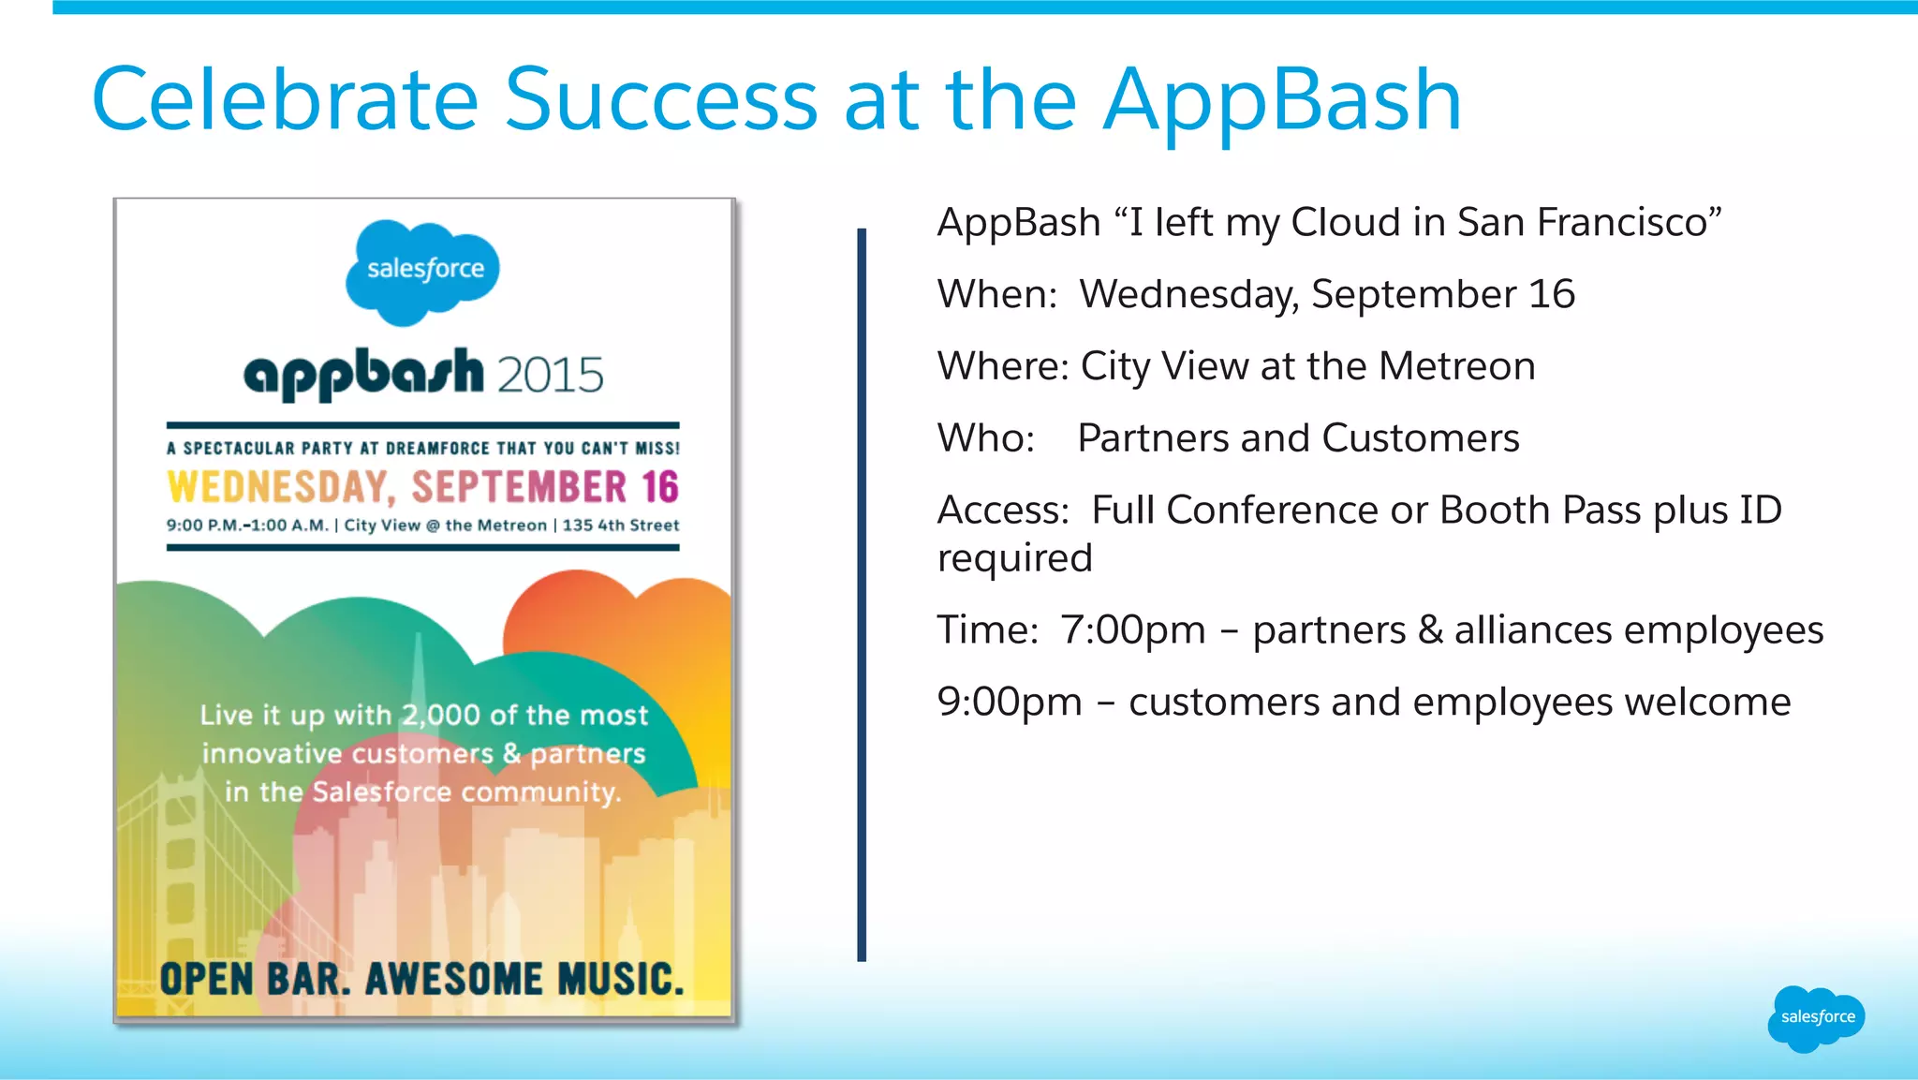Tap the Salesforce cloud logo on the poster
pyautogui.click(x=423, y=271)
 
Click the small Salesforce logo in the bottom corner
pyautogui.click(x=1816, y=1017)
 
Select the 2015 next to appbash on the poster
pyautogui.click(x=550, y=376)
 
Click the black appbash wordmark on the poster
pyautogui.click(x=364, y=374)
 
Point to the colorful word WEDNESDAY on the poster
pyautogui.click(x=278, y=487)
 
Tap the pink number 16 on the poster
pyautogui.click(x=659, y=487)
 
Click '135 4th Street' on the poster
pyautogui.click(x=620, y=525)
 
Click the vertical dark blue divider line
pyautogui.click(x=862, y=595)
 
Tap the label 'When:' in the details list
pyautogui.click(x=997, y=294)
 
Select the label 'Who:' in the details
pyautogui.click(x=985, y=438)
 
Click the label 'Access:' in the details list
pyautogui.click(x=1003, y=510)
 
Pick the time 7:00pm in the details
pyautogui.click(x=1132, y=630)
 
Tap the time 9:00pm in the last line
pyautogui.click(x=1009, y=703)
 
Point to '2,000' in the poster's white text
pyautogui.click(x=440, y=716)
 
